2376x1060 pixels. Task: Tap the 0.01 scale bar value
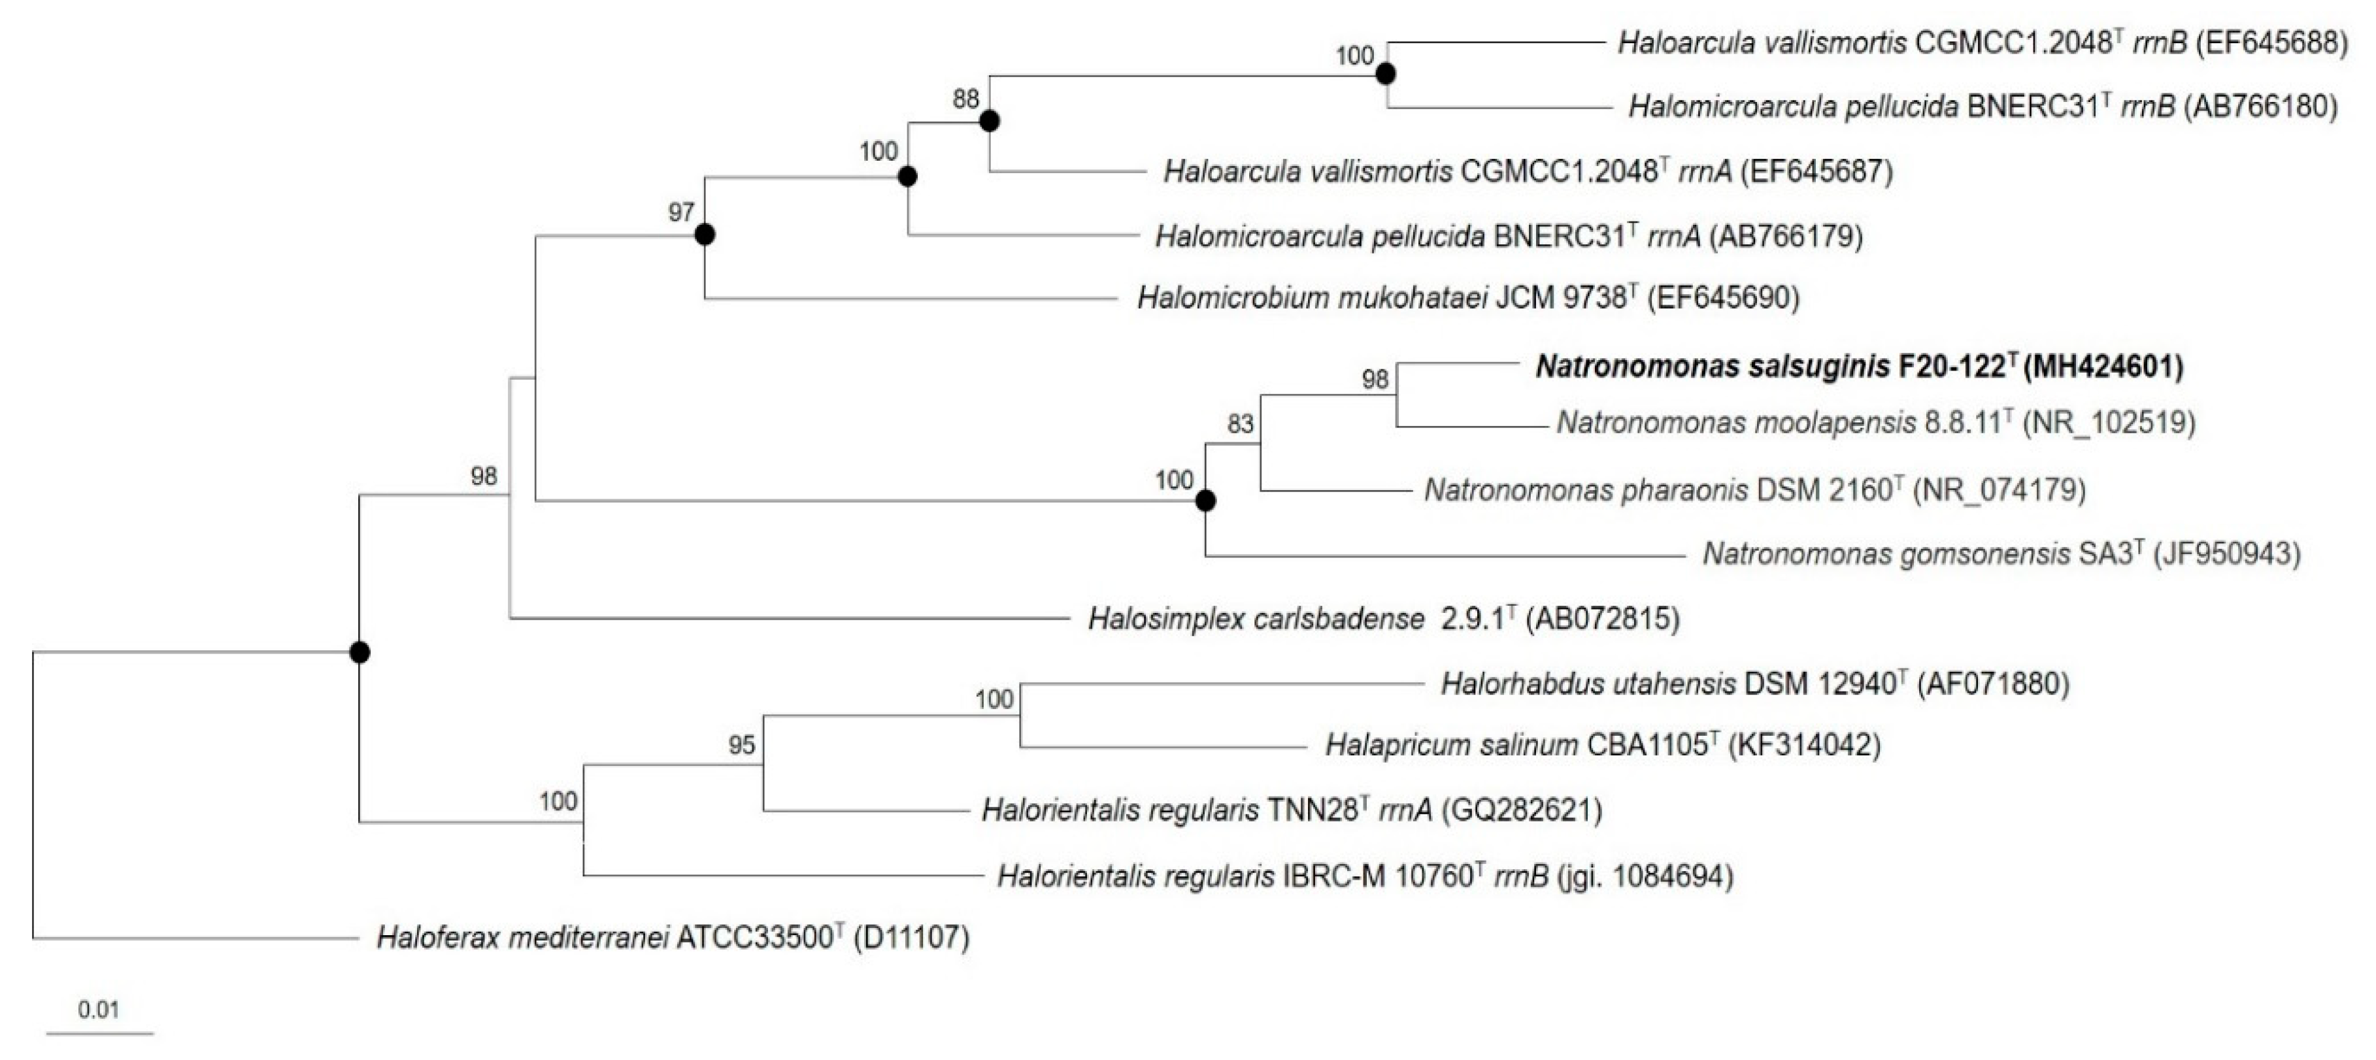(x=99, y=1009)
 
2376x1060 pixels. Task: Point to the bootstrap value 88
(x=965, y=99)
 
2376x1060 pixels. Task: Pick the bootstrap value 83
(x=1241, y=423)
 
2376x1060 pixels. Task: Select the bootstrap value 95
(x=742, y=744)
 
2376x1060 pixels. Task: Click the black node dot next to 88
(x=990, y=121)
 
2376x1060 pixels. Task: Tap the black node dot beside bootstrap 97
(x=705, y=235)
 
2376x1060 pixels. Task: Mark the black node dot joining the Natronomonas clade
(x=1205, y=501)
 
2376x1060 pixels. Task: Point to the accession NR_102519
(x=2109, y=423)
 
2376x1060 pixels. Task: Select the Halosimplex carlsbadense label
(x=1256, y=618)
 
